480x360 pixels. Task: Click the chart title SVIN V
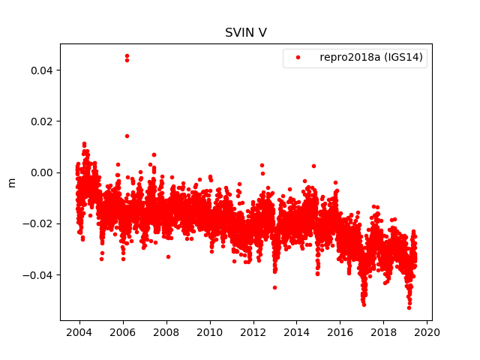pyautogui.click(x=245, y=33)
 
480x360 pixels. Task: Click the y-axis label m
pyautogui.click(x=11, y=182)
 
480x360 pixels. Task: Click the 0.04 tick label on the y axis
pyautogui.click(x=43, y=70)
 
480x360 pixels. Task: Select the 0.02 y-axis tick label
pyautogui.click(x=43, y=121)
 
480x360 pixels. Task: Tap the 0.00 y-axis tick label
pyautogui.click(x=43, y=172)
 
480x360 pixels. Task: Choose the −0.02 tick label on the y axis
pyautogui.click(x=40, y=223)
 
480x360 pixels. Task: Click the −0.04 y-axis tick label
pyautogui.click(x=40, y=274)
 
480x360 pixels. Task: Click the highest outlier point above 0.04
pyautogui.click(x=127, y=55)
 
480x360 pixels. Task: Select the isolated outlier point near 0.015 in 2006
pyautogui.click(x=127, y=136)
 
